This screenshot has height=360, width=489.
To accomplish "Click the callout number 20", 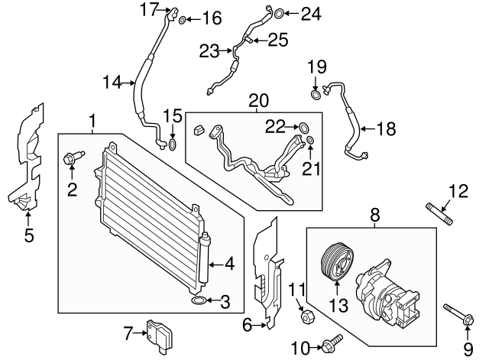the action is click(258, 100).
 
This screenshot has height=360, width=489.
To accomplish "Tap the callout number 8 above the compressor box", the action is click(375, 216).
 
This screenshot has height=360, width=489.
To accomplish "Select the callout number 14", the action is click(112, 83).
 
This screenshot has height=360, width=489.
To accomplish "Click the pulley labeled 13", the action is click(337, 261).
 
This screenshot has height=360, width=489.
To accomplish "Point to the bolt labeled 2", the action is click(73, 157).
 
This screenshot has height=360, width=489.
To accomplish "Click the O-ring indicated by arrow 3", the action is click(199, 300).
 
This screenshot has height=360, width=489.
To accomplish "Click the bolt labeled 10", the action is click(332, 344).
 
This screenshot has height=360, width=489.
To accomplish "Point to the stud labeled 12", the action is click(439, 214).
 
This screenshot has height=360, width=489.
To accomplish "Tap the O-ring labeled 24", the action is click(279, 14).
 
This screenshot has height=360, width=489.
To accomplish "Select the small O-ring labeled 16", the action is click(183, 21).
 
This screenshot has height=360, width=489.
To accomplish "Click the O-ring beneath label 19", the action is click(316, 95).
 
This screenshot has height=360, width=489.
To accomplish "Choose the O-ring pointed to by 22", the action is click(304, 128).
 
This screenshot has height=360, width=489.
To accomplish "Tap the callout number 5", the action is click(29, 235).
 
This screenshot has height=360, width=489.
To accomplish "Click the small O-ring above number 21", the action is click(310, 140).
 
